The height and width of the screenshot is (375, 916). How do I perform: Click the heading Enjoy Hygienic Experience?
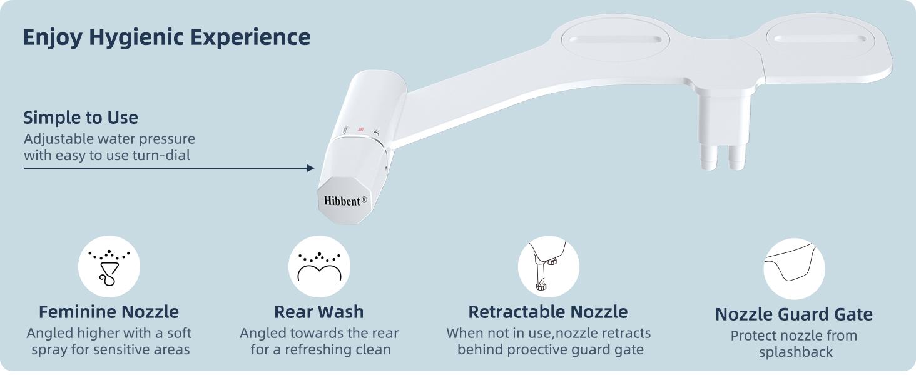click(x=166, y=37)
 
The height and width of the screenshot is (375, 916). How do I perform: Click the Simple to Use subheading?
click(x=81, y=117)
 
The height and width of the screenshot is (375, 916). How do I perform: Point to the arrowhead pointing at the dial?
click(x=310, y=168)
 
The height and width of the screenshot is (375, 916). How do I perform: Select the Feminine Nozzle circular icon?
click(x=109, y=267)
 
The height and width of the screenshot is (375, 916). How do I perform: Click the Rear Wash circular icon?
click(x=319, y=267)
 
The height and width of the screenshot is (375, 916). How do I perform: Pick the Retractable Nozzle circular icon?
click(x=549, y=267)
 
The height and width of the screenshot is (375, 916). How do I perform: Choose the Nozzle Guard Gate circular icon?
click(x=794, y=269)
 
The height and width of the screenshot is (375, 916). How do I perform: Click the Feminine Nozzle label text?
click(x=109, y=312)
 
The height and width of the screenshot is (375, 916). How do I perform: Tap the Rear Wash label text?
click(x=319, y=312)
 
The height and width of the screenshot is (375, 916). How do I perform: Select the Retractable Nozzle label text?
click(x=548, y=312)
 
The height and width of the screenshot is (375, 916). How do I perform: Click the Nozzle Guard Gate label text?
click(x=794, y=314)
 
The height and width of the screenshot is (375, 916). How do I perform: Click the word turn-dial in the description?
click(x=161, y=155)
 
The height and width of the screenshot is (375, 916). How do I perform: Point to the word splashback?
click(x=796, y=352)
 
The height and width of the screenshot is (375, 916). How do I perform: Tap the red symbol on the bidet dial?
click(x=360, y=129)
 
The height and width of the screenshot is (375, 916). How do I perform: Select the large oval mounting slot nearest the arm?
click(x=614, y=39)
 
